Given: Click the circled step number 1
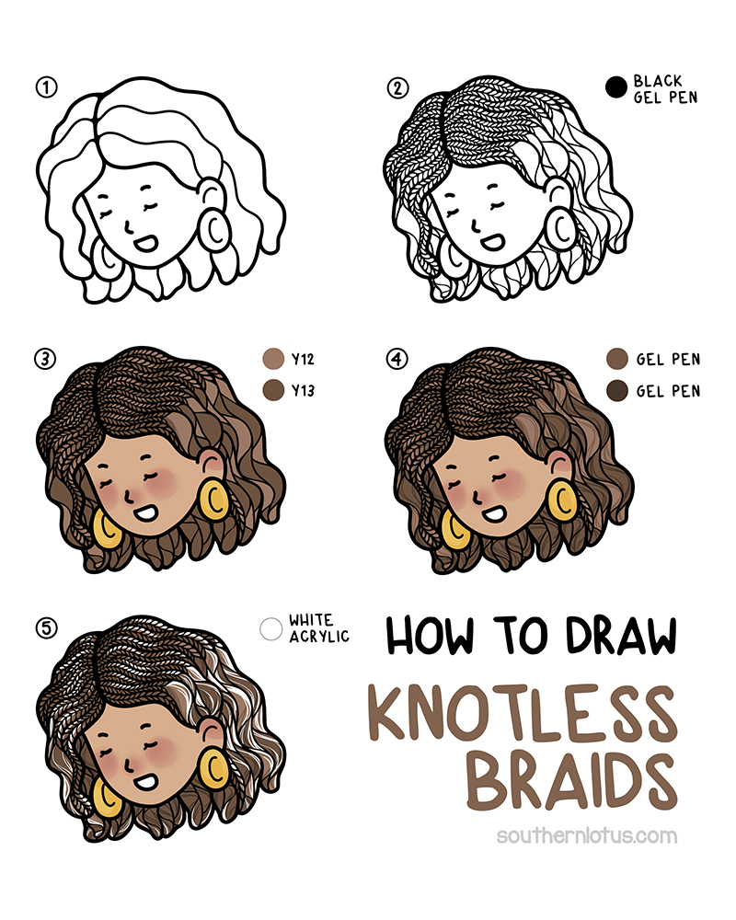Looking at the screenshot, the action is [x=46, y=88].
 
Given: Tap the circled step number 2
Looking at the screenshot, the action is [x=397, y=88].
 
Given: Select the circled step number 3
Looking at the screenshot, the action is [x=45, y=359].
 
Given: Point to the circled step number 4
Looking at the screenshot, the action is [x=397, y=359].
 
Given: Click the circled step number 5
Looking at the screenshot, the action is [x=46, y=628].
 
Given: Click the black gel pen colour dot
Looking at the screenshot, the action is [x=615, y=87].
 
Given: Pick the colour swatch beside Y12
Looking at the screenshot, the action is [x=273, y=359].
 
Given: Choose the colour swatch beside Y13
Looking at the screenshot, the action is [x=273, y=390].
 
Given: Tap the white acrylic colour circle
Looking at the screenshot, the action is [x=271, y=629].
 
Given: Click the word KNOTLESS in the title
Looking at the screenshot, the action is [x=523, y=713].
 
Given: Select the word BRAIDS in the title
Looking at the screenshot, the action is [x=572, y=782].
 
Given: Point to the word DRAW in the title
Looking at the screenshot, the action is [x=622, y=636].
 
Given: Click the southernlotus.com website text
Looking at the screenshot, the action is [x=586, y=835].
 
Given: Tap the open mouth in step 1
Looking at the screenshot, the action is [x=144, y=242].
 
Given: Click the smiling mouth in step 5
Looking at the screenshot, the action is [x=144, y=781].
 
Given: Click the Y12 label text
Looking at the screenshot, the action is [x=303, y=359].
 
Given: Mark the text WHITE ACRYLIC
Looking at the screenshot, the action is [x=318, y=628].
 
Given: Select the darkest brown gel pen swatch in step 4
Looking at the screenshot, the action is [x=616, y=391].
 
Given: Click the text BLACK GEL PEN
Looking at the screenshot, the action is [x=665, y=89].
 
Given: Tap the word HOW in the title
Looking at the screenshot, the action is [x=430, y=636].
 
